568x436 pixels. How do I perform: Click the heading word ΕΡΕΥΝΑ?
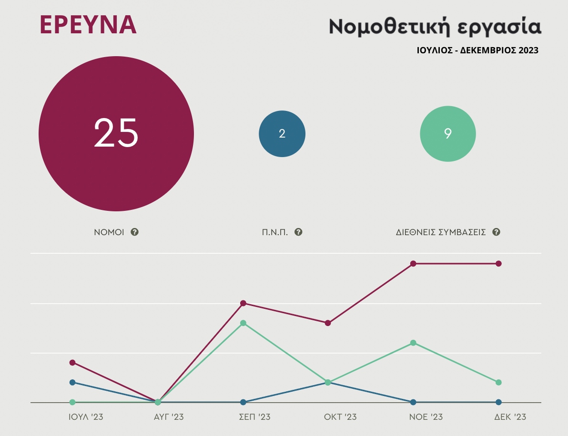click(88, 25)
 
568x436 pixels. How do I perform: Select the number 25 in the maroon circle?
click(116, 133)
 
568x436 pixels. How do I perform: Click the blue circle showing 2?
click(282, 134)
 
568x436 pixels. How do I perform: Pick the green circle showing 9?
click(448, 134)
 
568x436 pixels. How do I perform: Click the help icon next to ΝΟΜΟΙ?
click(135, 232)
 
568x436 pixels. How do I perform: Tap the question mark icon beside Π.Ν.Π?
click(299, 232)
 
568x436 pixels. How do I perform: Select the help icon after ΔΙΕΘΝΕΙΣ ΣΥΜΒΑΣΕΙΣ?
click(496, 232)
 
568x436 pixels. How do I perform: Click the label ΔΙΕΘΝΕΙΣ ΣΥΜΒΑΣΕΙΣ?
click(441, 232)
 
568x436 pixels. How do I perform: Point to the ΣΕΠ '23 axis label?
click(254, 417)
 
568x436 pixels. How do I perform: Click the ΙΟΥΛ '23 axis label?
click(86, 417)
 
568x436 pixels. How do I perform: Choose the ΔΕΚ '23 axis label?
click(510, 417)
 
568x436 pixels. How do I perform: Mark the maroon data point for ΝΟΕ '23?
click(413, 264)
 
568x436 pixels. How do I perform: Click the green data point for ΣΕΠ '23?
click(243, 323)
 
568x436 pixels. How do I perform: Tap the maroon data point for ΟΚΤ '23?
click(328, 323)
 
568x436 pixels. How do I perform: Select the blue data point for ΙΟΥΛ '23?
click(72, 382)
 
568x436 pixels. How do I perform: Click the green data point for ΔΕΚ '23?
click(498, 382)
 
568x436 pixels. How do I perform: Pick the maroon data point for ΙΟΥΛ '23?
click(72, 362)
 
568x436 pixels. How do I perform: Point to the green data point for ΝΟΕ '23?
click(413, 343)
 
